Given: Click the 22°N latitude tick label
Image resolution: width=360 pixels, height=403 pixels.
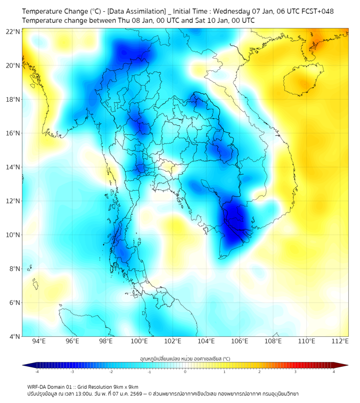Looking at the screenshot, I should (x=13, y=31).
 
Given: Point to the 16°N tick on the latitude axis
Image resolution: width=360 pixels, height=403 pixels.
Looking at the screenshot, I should (x=13, y=133).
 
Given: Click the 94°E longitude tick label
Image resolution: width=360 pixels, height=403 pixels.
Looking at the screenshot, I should (x=39, y=341).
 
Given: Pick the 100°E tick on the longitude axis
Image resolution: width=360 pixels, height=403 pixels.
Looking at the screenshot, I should (x=140, y=341).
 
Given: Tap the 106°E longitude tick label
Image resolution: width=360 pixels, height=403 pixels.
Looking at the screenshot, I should (x=240, y=341).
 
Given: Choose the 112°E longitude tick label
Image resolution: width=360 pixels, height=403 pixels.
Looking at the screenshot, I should (x=340, y=341).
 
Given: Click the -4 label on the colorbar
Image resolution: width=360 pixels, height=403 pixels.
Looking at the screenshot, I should (x=36, y=372).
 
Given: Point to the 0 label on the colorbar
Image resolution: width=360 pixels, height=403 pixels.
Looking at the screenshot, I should (x=185, y=372).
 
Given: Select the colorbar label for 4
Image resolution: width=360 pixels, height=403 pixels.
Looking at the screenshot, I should (x=334, y=372).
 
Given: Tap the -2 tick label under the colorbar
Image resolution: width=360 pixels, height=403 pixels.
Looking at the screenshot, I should (x=110, y=372).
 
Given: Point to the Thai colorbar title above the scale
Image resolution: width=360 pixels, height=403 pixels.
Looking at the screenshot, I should (x=185, y=358).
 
